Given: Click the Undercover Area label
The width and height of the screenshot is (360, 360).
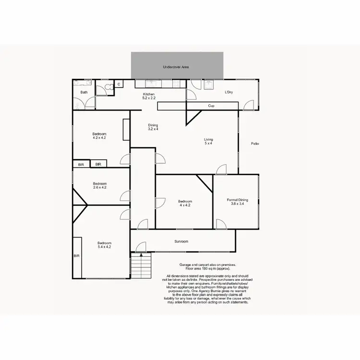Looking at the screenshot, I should tap(175, 67).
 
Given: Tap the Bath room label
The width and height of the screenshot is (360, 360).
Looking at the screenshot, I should tap(84, 92).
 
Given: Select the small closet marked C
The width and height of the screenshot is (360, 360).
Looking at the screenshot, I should tap(119, 84).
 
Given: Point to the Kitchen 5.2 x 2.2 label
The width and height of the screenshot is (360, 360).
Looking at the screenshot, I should tap(148, 96).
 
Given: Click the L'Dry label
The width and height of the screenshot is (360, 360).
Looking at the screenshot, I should tap(228, 92).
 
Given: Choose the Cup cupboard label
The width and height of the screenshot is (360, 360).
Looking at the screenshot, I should tap(211, 106).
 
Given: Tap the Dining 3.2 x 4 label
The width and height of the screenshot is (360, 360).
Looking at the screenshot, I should tap(153, 127).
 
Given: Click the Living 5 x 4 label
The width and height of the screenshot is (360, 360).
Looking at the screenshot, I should tap(208, 142).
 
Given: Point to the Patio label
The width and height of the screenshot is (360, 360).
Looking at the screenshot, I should tap(254, 144).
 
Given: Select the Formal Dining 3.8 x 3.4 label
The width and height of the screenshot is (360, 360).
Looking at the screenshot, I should tap(237, 202).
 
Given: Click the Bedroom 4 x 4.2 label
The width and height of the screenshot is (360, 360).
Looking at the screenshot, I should tap(185, 203).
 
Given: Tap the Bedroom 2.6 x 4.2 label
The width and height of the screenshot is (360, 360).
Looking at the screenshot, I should tap(100, 185).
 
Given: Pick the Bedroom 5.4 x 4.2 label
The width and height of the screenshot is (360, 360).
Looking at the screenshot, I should tap(104, 245).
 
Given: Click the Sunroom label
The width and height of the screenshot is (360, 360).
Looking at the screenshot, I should tap(181, 241).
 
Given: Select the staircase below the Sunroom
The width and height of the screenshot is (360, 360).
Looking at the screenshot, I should tap(141, 264).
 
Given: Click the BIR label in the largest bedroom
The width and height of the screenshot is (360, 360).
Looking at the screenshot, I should tap(76, 256).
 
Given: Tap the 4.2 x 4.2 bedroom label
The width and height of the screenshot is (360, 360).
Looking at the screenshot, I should tap(99, 135).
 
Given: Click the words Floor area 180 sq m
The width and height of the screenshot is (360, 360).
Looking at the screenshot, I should tap(208, 268).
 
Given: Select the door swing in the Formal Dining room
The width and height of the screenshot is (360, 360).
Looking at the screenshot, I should tap(220, 224).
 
